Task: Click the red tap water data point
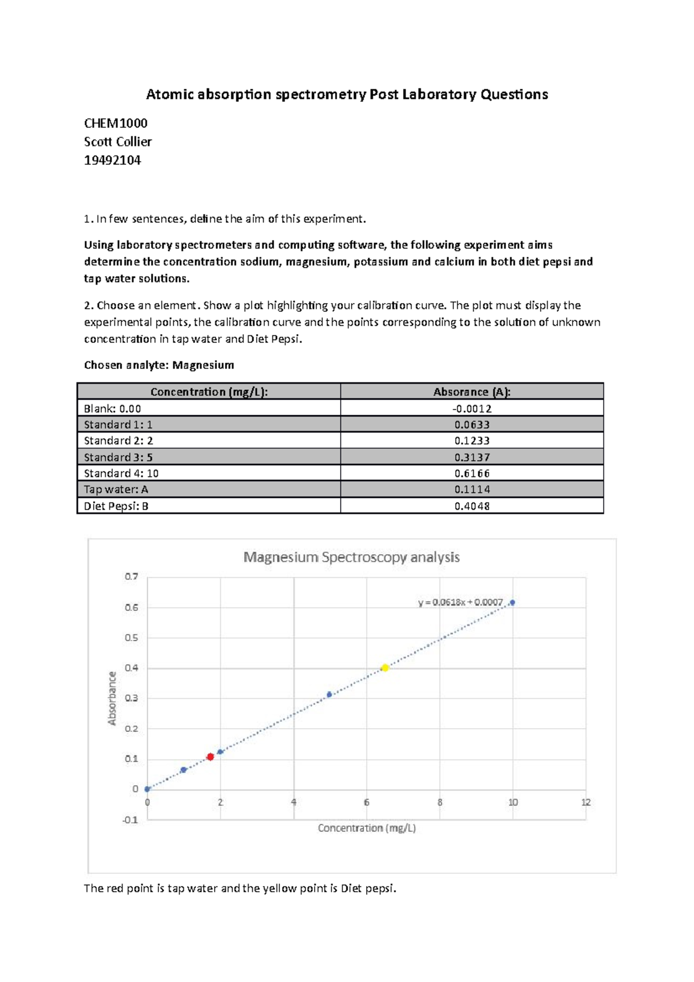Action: [211, 757]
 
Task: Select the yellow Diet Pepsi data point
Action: [385, 668]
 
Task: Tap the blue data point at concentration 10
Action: [512, 603]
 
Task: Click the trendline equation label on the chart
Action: [460, 603]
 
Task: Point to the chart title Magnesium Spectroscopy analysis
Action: [351, 558]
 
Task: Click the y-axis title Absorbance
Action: [112, 698]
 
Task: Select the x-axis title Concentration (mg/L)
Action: [367, 828]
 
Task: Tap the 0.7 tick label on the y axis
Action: [131, 577]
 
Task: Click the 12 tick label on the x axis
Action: [586, 802]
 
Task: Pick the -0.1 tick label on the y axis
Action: [130, 820]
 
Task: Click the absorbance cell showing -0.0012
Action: [472, 408]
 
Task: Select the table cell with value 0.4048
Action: [472, 506]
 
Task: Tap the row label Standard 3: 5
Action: [119, 457]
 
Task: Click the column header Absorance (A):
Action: [472, 392]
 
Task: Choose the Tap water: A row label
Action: [116, 490]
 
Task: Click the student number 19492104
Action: [112, 160]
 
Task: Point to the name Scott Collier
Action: [118, 142]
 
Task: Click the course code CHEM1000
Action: [116, 123]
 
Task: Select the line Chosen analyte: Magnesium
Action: [159, 365]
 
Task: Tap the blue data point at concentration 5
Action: [330, 695]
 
